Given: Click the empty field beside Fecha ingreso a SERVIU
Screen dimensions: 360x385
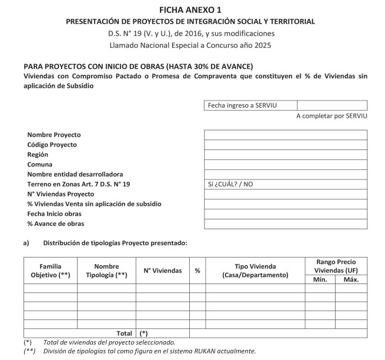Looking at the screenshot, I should point(332,106).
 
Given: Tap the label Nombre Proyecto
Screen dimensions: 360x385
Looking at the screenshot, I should point(54,135).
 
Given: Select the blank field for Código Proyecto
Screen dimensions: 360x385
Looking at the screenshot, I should point(285,145).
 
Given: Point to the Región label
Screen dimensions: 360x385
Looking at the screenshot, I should point(38,154).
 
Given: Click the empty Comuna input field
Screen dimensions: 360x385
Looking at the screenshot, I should point(285,164).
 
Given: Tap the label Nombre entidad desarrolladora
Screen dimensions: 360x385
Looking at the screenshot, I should point(75,174).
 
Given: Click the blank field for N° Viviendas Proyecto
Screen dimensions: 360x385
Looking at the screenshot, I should point(285,194).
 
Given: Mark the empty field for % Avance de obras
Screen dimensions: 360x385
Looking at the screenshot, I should point(285,224).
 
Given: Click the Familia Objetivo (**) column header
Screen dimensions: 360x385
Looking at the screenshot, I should point(51,270).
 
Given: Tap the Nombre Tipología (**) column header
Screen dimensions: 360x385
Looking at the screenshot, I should point(106,270).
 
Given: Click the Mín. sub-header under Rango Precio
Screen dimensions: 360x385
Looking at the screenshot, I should point(320,279).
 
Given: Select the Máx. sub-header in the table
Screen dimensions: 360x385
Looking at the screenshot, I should point(351,279).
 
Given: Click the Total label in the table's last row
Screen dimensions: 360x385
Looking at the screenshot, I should point(124,333).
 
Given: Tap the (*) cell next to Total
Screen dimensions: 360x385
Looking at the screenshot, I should point(143,333).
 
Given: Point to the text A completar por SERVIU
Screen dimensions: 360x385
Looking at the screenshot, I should point(332,116).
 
